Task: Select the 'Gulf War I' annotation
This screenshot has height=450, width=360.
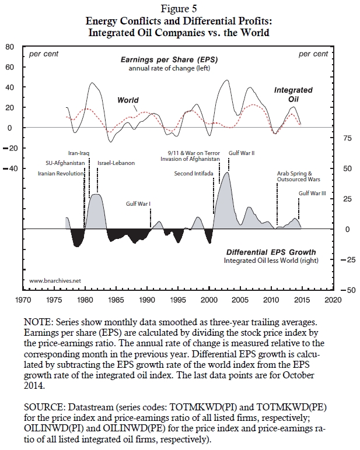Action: (139, 204)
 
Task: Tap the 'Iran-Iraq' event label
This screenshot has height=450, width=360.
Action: (78, 153)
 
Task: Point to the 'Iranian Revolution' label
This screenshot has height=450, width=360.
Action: (61, 173)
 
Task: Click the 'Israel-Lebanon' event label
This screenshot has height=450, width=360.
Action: (116, 163)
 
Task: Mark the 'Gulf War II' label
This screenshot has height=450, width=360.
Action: (241, 153)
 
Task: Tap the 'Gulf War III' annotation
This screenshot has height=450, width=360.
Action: (313, 193)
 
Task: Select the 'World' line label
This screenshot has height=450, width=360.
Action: (128, 100)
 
